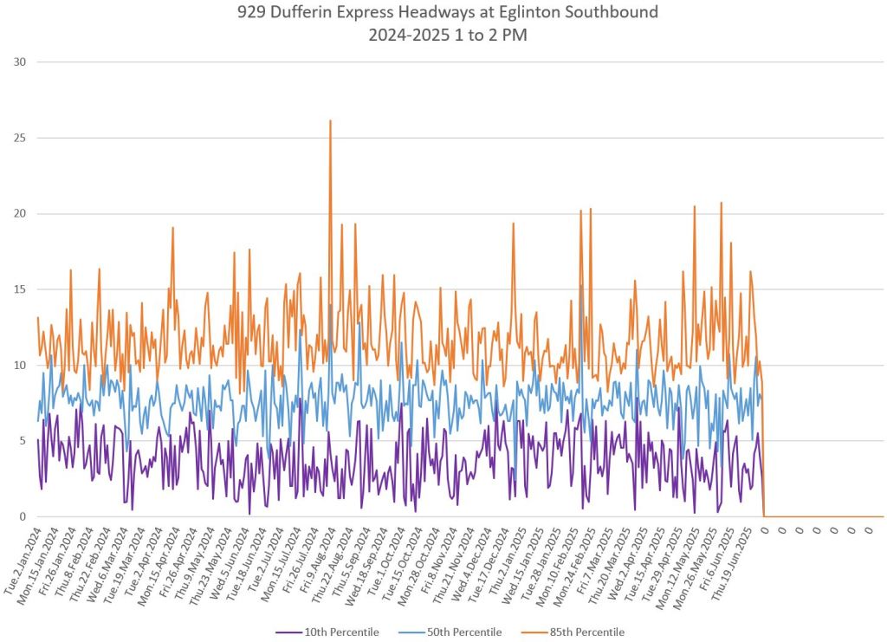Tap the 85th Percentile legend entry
pos(587,632)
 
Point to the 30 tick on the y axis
pos(21,62)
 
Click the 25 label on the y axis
pos(21,138)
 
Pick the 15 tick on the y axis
pos(21,289)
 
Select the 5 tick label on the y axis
pos(23,441)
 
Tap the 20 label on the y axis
pos(21,214)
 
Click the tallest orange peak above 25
pos(330,121)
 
